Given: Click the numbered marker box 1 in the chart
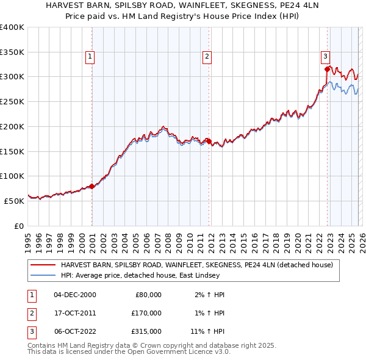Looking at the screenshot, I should coord(90,57).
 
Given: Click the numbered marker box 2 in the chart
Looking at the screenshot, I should coord(207,57).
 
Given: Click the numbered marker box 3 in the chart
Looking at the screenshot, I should coord(325,57).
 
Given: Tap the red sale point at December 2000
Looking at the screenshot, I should coord(91,186).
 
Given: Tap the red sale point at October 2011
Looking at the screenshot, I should coord(209,142).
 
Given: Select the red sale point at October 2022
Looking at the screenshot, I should coord(327,69).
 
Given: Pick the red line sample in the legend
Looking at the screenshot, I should coord(42,265).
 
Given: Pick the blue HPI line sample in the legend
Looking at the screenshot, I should coord(42,276).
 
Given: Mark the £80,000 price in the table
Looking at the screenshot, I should coord(148,294).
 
